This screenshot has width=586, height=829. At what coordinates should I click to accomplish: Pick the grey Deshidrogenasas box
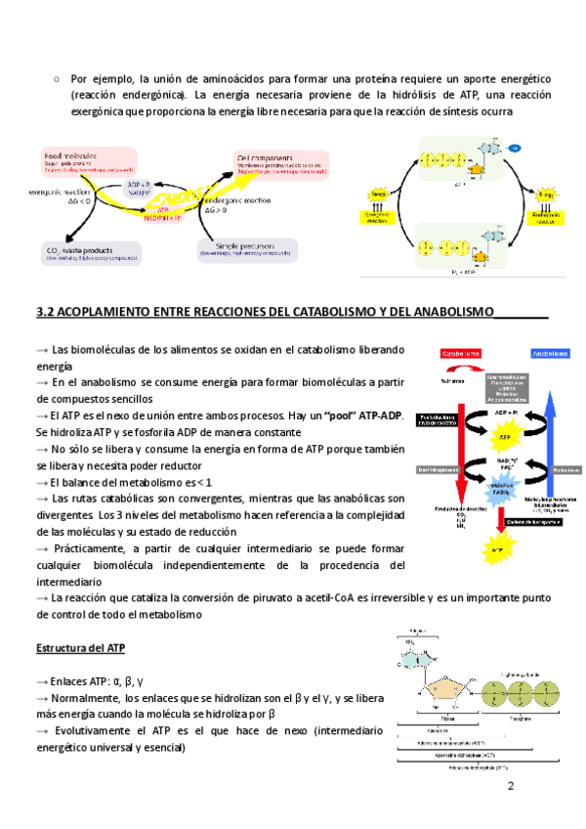[439, 469]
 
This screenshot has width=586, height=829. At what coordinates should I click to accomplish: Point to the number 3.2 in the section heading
[44, 313]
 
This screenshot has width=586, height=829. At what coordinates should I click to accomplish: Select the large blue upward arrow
[550, 440]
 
